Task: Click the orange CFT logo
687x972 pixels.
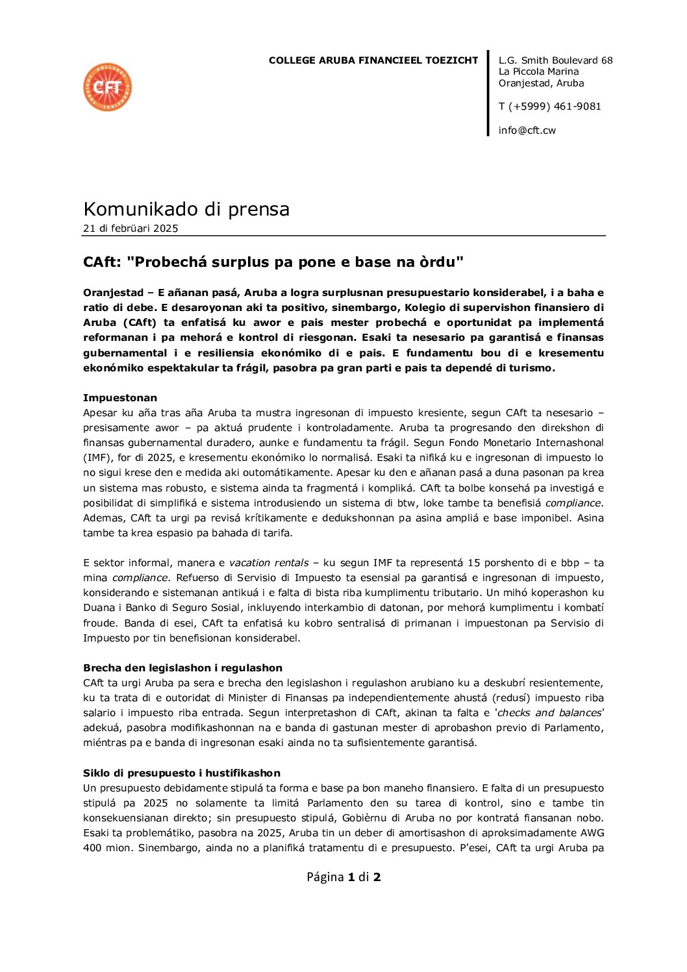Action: coord(108,87)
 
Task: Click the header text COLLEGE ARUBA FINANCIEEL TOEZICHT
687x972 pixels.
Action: coord(373,60)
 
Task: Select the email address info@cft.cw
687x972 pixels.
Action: coord(527,131)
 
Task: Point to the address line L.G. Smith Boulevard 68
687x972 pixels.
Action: coord(555,60)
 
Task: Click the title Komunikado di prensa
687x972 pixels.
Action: coord(186,209)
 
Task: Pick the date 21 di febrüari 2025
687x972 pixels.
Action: coord(131,229)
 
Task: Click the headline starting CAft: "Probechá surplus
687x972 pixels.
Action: coord(273,262)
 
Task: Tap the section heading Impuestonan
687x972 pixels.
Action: coord(120,398)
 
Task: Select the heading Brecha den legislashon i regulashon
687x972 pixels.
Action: coord(182,668)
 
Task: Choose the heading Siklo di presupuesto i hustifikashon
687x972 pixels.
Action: coord(182,773)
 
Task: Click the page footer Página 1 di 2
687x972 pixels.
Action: coord(343,877)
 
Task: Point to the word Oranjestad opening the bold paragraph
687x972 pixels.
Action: coord(113,293)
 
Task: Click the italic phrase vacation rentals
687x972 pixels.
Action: coord(268,563)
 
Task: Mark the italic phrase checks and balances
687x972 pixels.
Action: coord(549,713)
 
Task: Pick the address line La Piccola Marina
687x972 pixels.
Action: coord(538,71)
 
